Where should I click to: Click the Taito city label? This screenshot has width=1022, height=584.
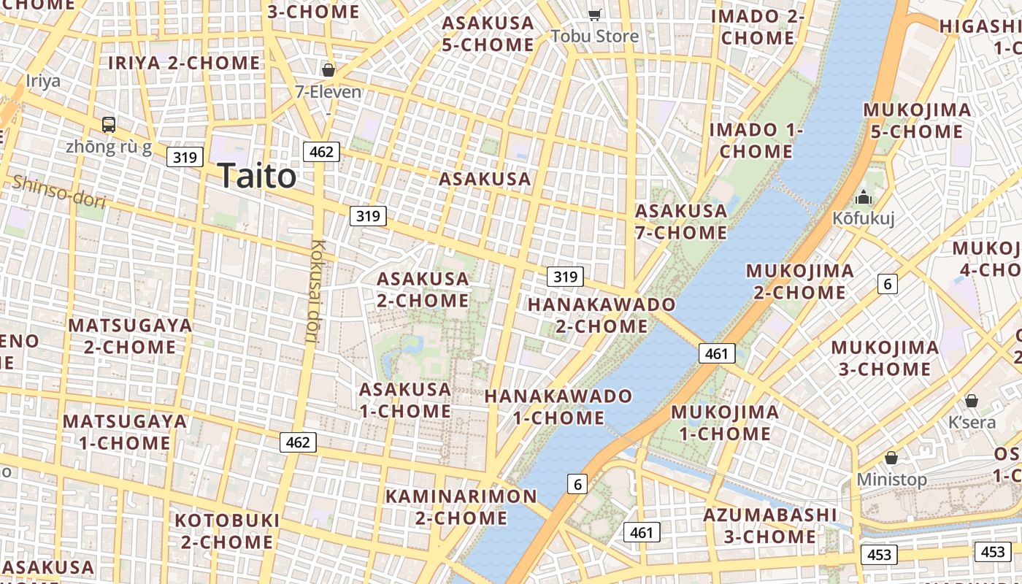(257, 177)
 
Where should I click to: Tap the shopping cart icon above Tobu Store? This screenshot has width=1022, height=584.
(595, 15)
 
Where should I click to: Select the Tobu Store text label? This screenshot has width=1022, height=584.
(594, 36)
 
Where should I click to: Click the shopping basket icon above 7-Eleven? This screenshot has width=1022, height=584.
(328, 70)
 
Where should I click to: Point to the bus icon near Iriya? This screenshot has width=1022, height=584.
(109, 125)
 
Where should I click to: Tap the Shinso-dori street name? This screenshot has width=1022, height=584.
(58, 191)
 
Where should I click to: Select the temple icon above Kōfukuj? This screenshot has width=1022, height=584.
(864, 197)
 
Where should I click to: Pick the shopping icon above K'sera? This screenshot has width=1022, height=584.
(972, 401)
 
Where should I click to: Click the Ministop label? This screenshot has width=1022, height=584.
(891, 480)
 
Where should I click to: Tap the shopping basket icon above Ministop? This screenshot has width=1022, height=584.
(891, 458)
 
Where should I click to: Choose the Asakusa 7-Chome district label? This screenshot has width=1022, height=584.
(681, 222)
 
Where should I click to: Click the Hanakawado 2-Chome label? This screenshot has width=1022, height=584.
(602, 315)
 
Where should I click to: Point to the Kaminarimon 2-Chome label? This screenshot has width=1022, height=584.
(461, 507)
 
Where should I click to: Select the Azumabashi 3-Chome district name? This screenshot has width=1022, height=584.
(770, 526)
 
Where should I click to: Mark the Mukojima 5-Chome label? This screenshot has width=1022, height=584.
(917, 121)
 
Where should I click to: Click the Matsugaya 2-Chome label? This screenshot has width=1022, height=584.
(130, 336)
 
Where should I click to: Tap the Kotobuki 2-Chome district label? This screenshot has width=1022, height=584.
(227, 531)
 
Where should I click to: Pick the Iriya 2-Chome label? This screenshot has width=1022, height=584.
(184, 64)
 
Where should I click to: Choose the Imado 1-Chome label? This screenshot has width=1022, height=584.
(756, 141)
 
